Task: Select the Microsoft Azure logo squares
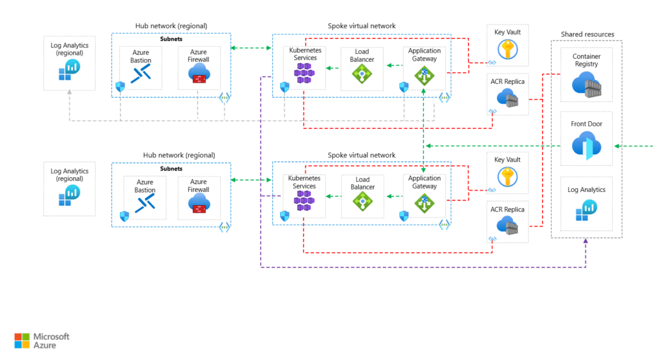[x=21, y=340]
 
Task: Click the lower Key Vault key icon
[x=507, y=176]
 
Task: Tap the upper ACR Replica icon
[x=507, y=98]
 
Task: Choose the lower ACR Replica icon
[x=507, y=225]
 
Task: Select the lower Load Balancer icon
[x=362, y=202]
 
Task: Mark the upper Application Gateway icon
[x=424, y=76]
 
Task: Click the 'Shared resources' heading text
[x=587, y=34]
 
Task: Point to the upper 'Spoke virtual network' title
[x=362, y=27]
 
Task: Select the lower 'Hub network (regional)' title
[x=179, y=156]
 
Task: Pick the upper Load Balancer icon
[x=362, y=74]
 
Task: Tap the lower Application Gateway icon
[x=424, y=202]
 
